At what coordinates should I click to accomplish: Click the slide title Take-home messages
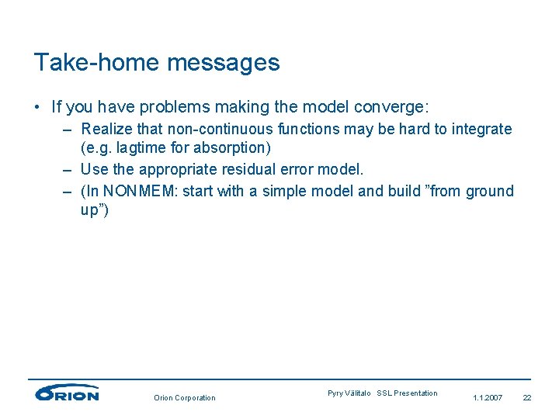157,62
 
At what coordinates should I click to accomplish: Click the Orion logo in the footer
67,393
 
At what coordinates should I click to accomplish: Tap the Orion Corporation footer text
185,398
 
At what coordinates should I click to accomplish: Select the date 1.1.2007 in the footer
488,398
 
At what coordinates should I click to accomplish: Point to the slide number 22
527,398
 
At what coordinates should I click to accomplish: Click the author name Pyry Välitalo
349,393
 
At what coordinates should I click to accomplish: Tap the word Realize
106,129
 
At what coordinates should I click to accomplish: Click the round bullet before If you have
38,106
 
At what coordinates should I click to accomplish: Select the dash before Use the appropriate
68,169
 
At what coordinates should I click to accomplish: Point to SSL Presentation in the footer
407,393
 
